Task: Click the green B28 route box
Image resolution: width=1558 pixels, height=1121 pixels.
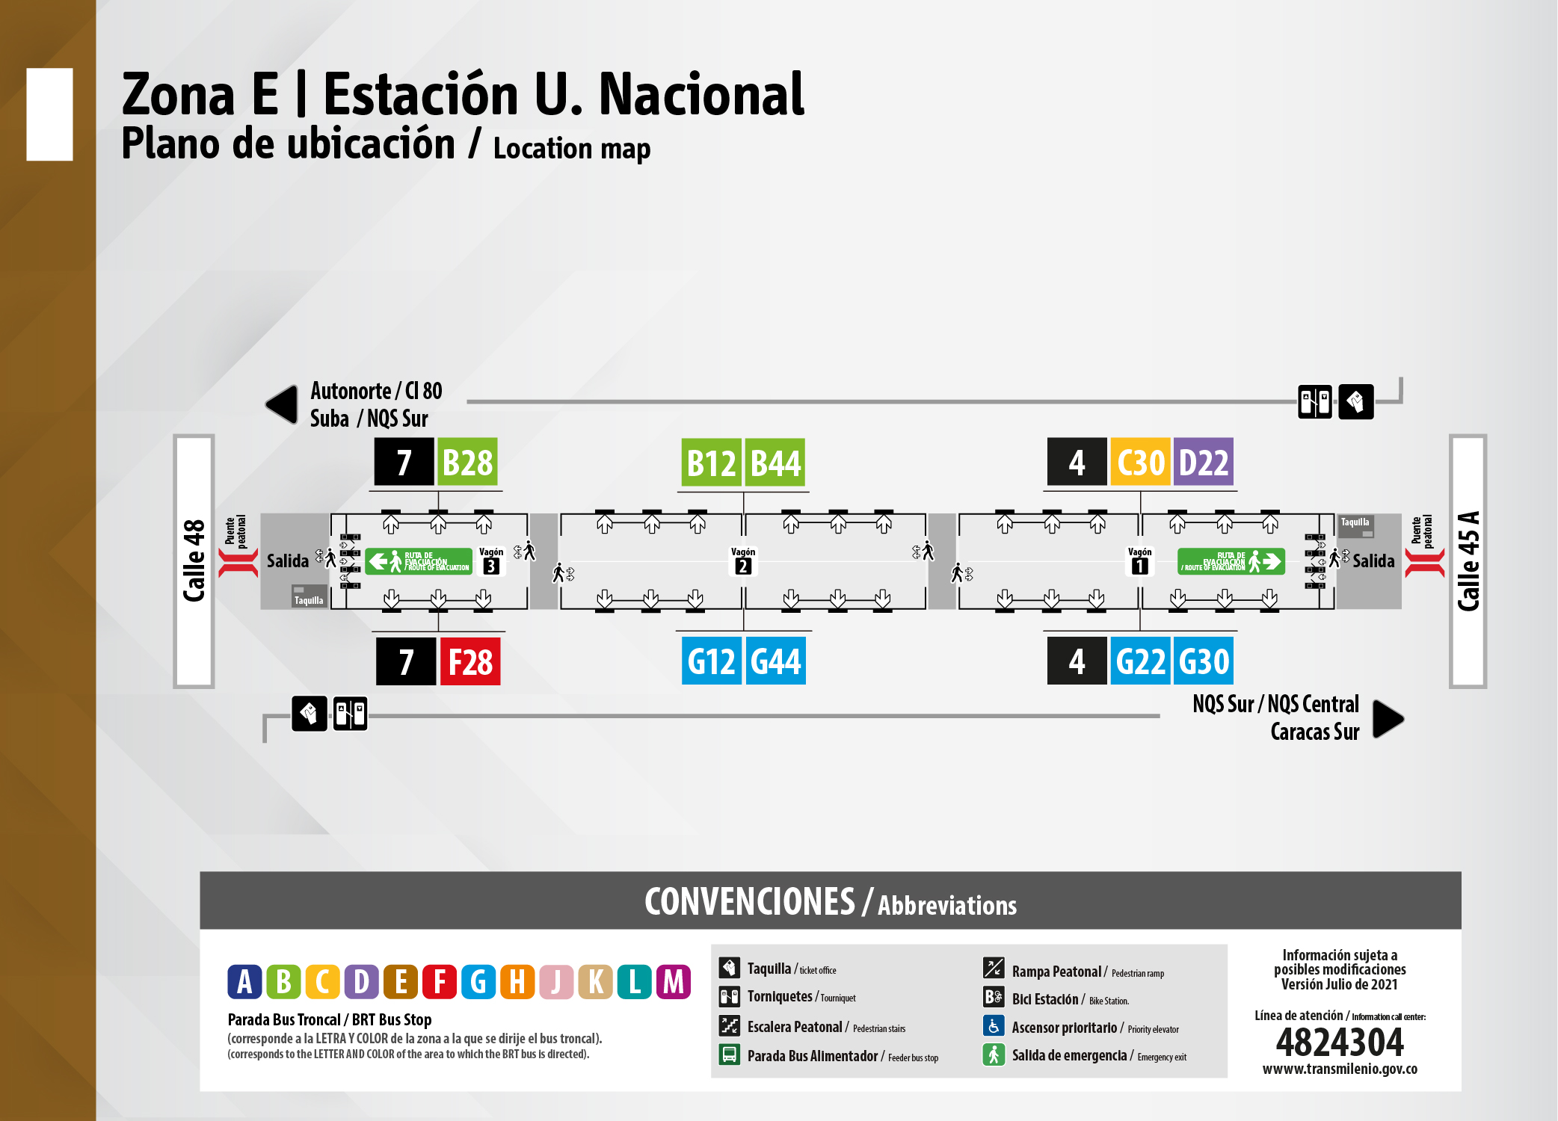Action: [467, 463]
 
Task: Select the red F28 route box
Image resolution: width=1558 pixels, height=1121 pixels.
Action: [469, 662]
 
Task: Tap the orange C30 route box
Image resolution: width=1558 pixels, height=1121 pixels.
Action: [1140, 463]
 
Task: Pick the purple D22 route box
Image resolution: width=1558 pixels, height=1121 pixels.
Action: [1203, 463]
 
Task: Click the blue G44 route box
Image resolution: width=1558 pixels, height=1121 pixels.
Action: [775, 661]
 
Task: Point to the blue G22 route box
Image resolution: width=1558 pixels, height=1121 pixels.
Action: [1140, 661]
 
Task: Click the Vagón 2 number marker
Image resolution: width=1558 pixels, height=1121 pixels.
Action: [743, 566]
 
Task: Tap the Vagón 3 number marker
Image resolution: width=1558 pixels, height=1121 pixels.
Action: [491, 566]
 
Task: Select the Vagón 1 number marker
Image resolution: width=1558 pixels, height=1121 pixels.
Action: [1139, 566]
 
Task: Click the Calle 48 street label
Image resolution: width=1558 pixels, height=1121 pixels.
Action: [194, 560]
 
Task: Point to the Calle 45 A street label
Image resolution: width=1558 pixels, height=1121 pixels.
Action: [1468, 560]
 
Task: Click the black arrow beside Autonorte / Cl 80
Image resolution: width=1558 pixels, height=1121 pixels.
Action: [283, 404]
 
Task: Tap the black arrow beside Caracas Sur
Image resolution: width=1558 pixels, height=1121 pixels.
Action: [1388, 719]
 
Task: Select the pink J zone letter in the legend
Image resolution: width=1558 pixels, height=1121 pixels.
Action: [556, 982]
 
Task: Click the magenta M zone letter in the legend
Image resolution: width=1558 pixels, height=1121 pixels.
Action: [673, 982]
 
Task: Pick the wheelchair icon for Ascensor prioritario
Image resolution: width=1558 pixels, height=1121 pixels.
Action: [994, 1026]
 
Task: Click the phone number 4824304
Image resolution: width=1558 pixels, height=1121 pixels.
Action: [1340, 1042]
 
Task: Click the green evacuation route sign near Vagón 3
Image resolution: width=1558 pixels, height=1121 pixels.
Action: [419, 561]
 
